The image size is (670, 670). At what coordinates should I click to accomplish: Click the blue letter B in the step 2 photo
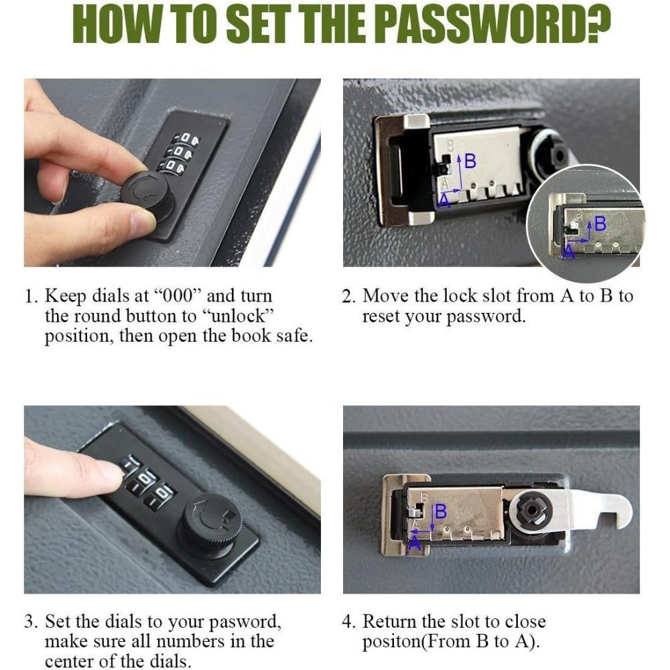tap(470, 161)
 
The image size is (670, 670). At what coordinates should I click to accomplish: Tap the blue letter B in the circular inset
tap(600, 224)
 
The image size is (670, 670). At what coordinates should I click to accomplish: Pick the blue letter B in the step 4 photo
tap(441, 511)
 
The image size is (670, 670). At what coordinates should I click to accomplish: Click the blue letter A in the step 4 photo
tap(415, 543)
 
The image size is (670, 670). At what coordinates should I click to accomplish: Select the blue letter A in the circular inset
tap(568, 252)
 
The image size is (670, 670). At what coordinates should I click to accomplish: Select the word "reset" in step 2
tap(381, 317)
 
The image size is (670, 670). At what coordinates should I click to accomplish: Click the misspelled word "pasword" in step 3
tap(244, 622)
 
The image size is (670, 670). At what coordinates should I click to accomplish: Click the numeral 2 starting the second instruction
tap(347, 296)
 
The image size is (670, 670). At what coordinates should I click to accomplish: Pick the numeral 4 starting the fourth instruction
tap(347, 622)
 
